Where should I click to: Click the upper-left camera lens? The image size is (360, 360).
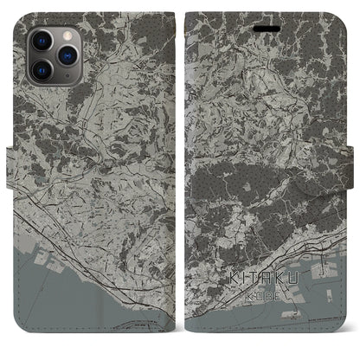[41, 40]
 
